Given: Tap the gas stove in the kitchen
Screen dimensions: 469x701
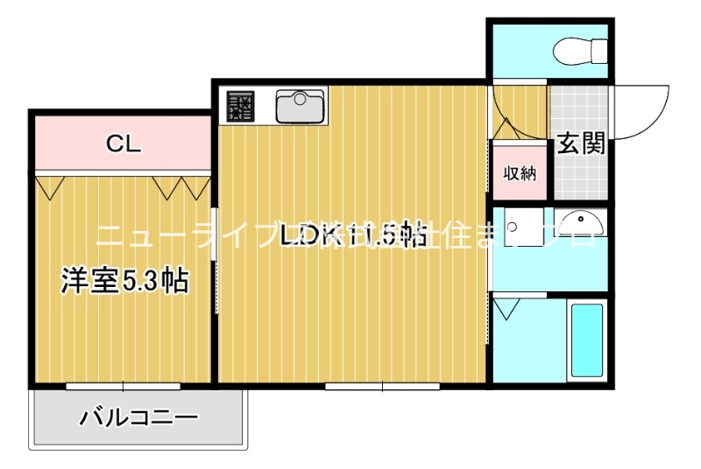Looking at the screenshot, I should [x=240, y=107].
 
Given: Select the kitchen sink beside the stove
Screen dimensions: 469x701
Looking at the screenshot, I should [x=301, y=107].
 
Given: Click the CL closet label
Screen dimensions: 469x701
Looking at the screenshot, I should [x=124, y=143].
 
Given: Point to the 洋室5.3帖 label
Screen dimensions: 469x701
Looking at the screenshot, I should [x=125, y=281].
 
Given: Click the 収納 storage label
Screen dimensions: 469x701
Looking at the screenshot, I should [x=520, y=173].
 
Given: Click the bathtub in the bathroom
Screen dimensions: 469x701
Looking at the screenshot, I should [x=586, y=339].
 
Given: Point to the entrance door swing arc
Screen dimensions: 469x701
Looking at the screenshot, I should [x=644, y=114].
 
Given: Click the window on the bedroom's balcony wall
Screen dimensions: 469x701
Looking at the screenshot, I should [x=123, y=385].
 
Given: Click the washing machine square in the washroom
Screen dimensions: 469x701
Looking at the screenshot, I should [x=518, y=229].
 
